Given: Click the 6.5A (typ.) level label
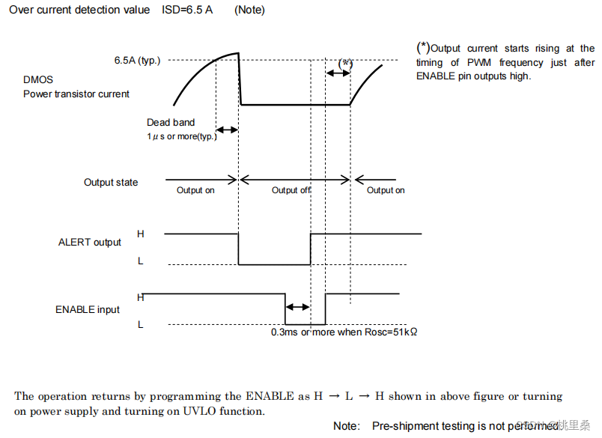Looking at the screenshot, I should click(137, 61).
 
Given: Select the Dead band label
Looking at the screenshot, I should click(171, 122).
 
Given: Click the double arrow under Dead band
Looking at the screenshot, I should click(227, 130).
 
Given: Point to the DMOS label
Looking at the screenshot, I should click(38, 79).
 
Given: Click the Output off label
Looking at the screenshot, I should click(291, 190).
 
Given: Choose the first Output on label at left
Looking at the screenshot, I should click(195, 190).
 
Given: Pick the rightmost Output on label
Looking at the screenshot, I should click(386, 190).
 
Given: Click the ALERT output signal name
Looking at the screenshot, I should click(90, 242).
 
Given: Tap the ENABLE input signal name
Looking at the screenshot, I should click(88, 309).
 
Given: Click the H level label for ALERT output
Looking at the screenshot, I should click(141, 234).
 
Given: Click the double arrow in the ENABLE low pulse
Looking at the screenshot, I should click(298, 307).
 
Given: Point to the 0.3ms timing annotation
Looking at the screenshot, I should click(344, 332).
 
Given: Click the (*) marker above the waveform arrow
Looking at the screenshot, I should click(345, 64).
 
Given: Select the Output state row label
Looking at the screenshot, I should click(111, 182).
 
